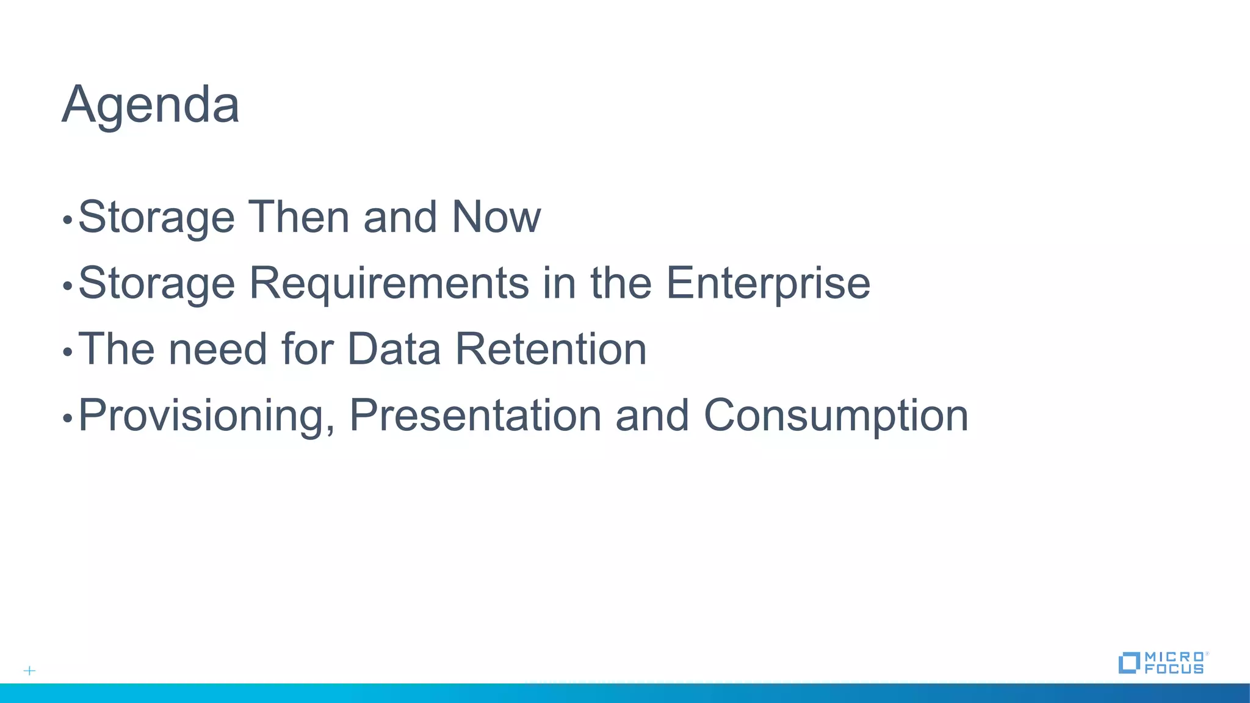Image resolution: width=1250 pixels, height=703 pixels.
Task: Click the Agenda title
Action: tap(150, 105)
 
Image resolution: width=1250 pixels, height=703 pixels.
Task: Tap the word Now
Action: tap(496, 217)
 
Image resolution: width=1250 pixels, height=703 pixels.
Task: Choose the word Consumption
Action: tap(836, 416)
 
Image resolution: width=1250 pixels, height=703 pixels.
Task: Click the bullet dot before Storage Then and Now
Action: tap(68, 220)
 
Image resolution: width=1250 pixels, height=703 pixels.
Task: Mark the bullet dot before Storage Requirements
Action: tap(68, 286)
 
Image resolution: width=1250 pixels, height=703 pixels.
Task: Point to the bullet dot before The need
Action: tap(68, 352)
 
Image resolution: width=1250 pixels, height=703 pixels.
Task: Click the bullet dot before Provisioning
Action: tap(68, 419)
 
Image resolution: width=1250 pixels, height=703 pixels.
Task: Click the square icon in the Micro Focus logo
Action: tap(1129, 663)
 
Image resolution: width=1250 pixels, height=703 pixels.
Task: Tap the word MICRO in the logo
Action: tap(1174, 657)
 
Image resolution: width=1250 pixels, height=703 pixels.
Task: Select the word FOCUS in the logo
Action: tap(1174, 669)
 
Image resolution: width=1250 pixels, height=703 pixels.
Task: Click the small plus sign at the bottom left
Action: tap(29, 671)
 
